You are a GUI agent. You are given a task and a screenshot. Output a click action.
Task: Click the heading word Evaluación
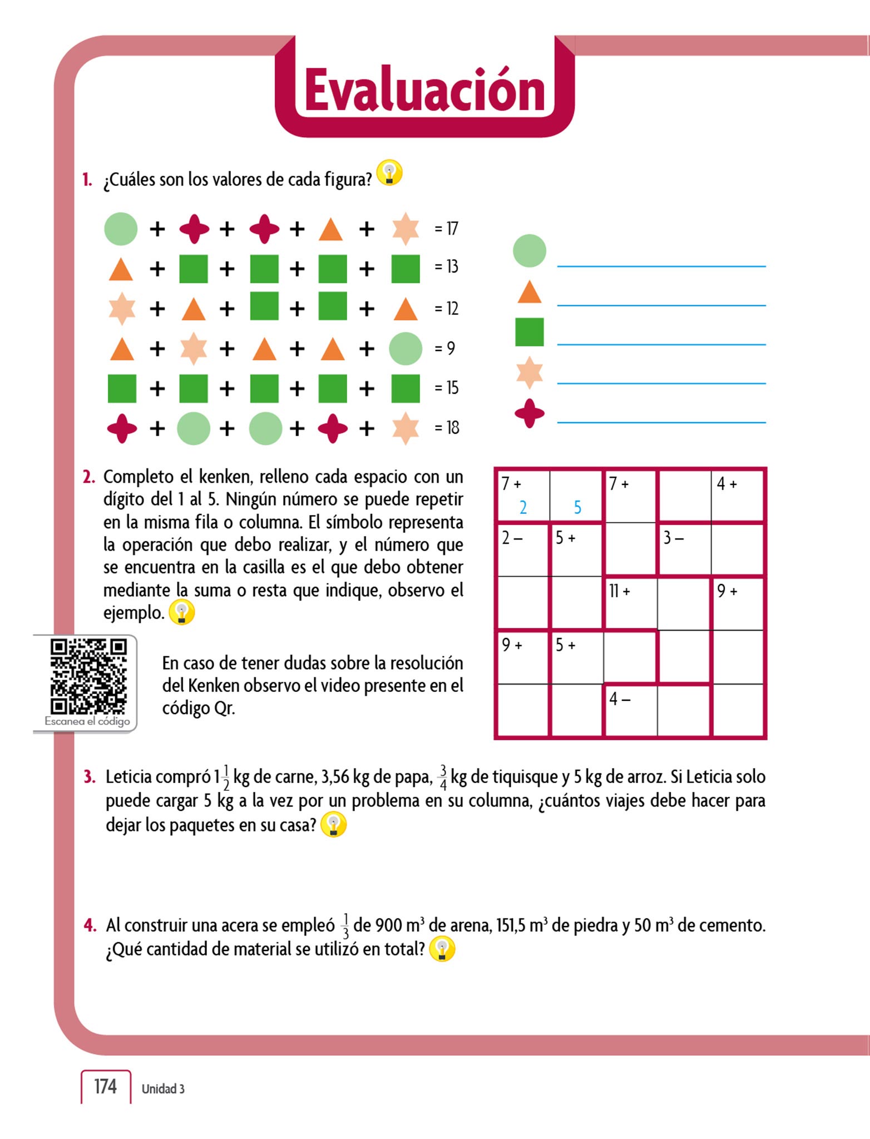pyautogui.click(x=424, y=91)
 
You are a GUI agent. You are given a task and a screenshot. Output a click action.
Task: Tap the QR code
pyautogui.click(x=88, y=676)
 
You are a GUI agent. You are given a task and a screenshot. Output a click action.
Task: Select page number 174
pyautogui.click(x=106, y=1086)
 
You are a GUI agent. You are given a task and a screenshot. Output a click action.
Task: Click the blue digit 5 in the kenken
pyautogui.click(x=577, y=507)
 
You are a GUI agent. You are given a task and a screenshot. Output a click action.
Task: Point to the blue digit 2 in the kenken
pyautogui.click(x=523, y=507)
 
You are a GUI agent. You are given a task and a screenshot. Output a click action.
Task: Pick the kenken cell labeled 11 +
pyautogui.click(x=630, y=603)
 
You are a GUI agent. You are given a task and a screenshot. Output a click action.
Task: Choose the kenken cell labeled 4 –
pyautogui.click(x=630, y=711)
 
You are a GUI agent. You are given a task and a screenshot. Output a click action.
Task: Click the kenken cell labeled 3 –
pyautogui.click(x=684, y=549)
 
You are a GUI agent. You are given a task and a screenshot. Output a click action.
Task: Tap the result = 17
pyautogui.click(x=447, y=229)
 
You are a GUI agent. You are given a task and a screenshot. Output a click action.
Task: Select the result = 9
pyautogui.click(x=445, y=349)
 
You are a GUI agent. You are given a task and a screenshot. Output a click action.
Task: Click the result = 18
pyautogui.click(x=447, y=428)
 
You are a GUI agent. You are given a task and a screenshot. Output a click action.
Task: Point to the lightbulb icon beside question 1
pyautogui.click(x=389, y=173)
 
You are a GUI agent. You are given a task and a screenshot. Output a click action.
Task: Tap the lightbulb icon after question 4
pyautogui.click(x=442, y=949)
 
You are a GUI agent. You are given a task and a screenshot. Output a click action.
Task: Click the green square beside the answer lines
pyautogui.click(x=529, y=332)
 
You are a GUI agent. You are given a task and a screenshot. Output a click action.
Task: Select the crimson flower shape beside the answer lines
pyautogui.click(x=529, y=413)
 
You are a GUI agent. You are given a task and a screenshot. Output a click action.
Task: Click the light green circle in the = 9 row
pyautogui.click(x=405, y=349)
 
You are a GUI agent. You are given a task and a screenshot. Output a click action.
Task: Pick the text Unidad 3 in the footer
pyautogui.click(x=163, y=1089)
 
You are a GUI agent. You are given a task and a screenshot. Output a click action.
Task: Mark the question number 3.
pyautogui.click(x=90, y=777)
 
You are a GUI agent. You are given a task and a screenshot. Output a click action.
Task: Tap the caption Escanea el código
pyautogui.click(x=87, y=721)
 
